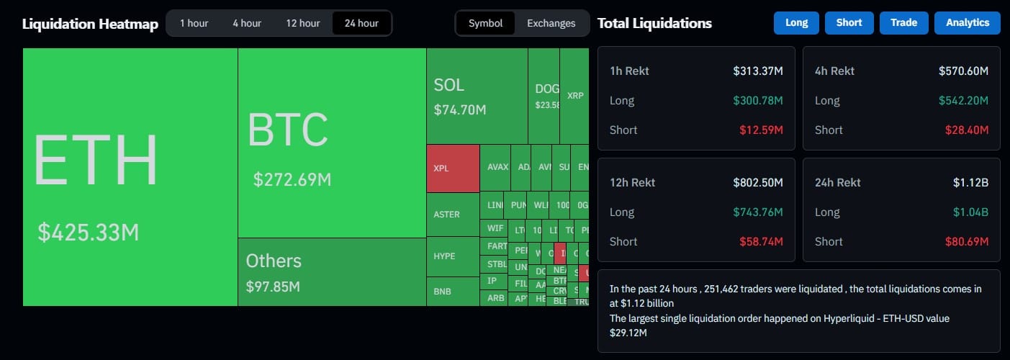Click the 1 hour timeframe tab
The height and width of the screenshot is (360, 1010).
[194, 23]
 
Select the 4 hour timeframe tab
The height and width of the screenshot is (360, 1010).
[247, 23]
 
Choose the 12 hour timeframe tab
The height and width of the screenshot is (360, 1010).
[302, 23]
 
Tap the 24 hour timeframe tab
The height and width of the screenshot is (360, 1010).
[361, 23]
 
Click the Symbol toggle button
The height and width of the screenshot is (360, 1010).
[485, 23]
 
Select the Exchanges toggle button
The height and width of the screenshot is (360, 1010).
[551, 23]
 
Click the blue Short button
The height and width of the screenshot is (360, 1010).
[849, 22]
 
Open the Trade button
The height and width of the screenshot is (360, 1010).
[903, 22]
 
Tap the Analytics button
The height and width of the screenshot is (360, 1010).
[968, 22]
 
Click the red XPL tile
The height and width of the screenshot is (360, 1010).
[453, 168]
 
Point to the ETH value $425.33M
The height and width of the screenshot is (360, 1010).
[89, 232]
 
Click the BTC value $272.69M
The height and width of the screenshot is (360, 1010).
[292, 179]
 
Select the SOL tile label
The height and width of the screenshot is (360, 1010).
[448, 85]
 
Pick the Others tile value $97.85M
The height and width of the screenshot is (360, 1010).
[273, 287]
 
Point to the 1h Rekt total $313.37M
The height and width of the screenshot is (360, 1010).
[758, 71]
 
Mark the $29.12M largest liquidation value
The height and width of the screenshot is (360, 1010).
[628, 333]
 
